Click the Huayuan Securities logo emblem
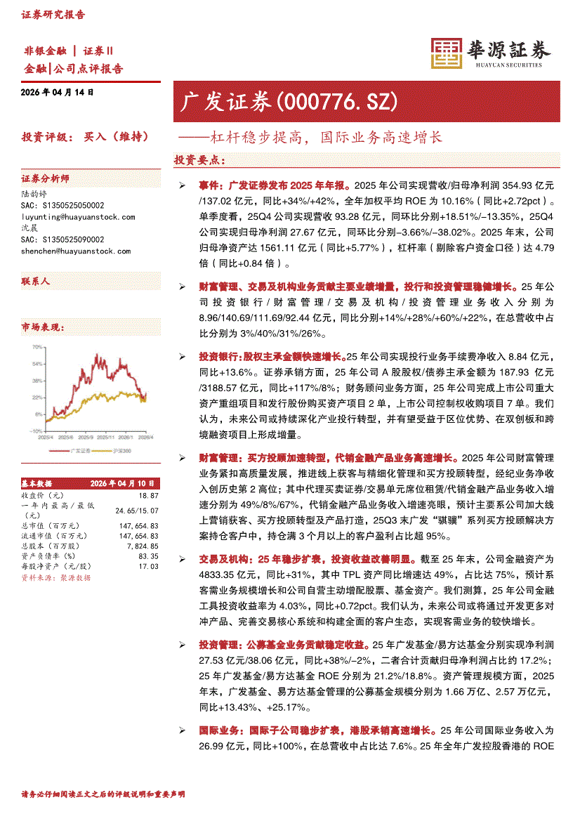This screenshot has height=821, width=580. [445, 52]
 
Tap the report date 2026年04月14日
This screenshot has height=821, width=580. [58, 92]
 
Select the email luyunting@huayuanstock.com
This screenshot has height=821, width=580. [79, 217]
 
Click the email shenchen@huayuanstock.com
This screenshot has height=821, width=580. [76, 251]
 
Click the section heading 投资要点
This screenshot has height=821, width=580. [199, 160]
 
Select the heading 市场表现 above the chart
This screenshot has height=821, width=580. [43, 327]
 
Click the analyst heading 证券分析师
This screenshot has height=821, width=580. [46, 178]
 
